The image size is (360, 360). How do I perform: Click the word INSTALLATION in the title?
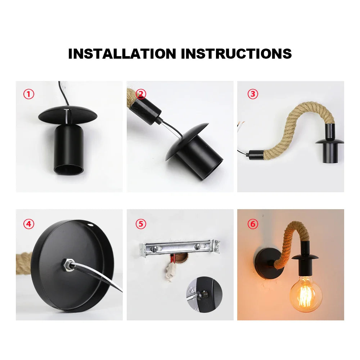122,54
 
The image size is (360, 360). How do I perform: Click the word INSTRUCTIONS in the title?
236,54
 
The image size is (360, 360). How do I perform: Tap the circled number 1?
29,94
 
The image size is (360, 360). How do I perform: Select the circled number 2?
141,94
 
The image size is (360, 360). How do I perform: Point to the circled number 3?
253,94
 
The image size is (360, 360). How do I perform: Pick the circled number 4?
29,224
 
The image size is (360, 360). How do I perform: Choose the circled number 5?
141,224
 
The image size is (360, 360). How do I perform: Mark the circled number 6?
253,224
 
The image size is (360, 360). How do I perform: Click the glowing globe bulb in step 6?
306,294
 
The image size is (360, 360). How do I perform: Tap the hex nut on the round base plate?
68,265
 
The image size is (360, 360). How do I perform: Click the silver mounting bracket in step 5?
180,248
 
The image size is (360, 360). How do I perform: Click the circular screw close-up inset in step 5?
204,294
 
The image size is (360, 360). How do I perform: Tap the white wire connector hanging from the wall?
170,271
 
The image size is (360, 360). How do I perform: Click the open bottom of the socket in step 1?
69,170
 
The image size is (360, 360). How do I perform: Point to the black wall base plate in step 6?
267,263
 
